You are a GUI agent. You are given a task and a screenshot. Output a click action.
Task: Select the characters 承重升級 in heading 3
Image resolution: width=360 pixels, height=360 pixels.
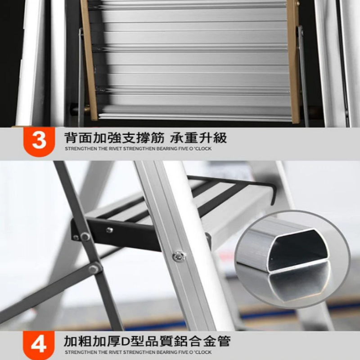[198, 138]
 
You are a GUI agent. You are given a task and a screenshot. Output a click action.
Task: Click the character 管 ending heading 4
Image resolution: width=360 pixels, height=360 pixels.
[224, 342]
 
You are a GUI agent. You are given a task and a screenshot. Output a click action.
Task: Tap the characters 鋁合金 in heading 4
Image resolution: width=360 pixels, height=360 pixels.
[195, 342]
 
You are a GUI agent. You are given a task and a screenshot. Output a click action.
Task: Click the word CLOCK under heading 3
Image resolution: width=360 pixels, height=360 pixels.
[203, 149]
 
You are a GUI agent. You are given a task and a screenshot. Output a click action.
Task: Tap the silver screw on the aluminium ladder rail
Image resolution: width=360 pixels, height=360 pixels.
[179, 256]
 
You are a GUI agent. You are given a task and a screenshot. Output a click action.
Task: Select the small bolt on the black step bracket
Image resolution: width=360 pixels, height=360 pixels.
[110, 229]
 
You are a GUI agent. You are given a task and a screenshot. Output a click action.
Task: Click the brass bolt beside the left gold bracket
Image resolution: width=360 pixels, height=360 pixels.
[87, 108]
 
